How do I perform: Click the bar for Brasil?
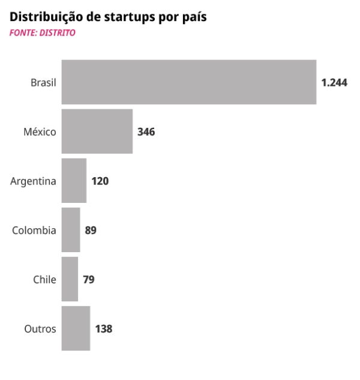pos(189,82)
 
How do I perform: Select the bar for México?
pos(97,131)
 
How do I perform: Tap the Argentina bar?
pos(74,181)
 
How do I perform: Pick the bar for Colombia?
pos(71,230)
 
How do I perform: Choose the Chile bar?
pos(70,279)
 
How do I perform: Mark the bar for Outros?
pos(76,328)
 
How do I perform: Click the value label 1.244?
pos(334,82)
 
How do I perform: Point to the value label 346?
pos(146,131)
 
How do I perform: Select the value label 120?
pos(100,181)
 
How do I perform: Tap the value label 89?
pos(91,230)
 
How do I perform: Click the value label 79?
pos(89,279)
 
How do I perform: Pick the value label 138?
pos(103,328)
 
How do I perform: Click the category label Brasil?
pos(43,82)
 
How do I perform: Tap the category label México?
pos(40,131)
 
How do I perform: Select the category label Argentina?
pos(34,181)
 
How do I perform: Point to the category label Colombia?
pos(34,230)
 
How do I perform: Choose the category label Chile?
pos(44,279)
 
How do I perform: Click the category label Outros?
pos(40,328)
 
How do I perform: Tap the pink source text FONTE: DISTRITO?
pos(43,33)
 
